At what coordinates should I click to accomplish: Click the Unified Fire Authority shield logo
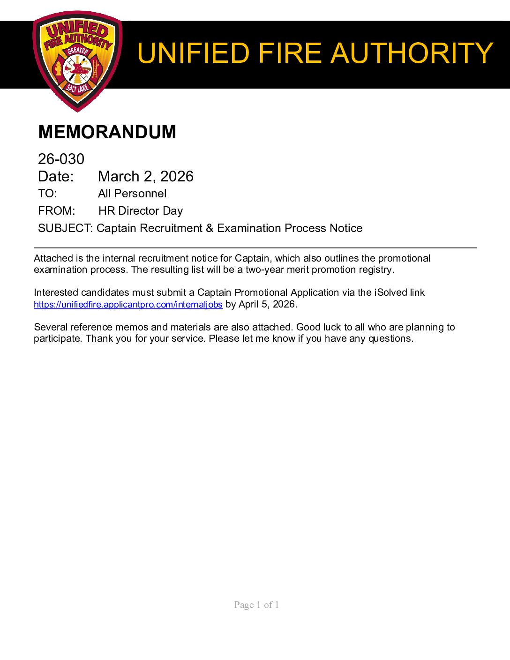77,61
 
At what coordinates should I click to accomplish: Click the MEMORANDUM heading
107,132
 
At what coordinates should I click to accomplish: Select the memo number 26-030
61,159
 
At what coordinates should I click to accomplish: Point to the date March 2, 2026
145,176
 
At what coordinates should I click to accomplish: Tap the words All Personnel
132,194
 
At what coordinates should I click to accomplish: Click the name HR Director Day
141,211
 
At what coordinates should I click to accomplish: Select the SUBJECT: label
66,228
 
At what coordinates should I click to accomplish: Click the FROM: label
56,211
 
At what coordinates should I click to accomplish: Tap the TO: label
47,194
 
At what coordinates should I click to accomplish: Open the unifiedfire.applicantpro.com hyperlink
128,305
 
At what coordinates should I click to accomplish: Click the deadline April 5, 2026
267,304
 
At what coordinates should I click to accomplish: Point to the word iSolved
390,292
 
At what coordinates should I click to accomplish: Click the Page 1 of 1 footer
256,605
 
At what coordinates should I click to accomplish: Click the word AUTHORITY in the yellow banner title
412,53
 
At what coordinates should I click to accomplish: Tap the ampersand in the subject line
210,228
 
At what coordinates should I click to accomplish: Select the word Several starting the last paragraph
51,327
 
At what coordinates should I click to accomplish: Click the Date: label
56,176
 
